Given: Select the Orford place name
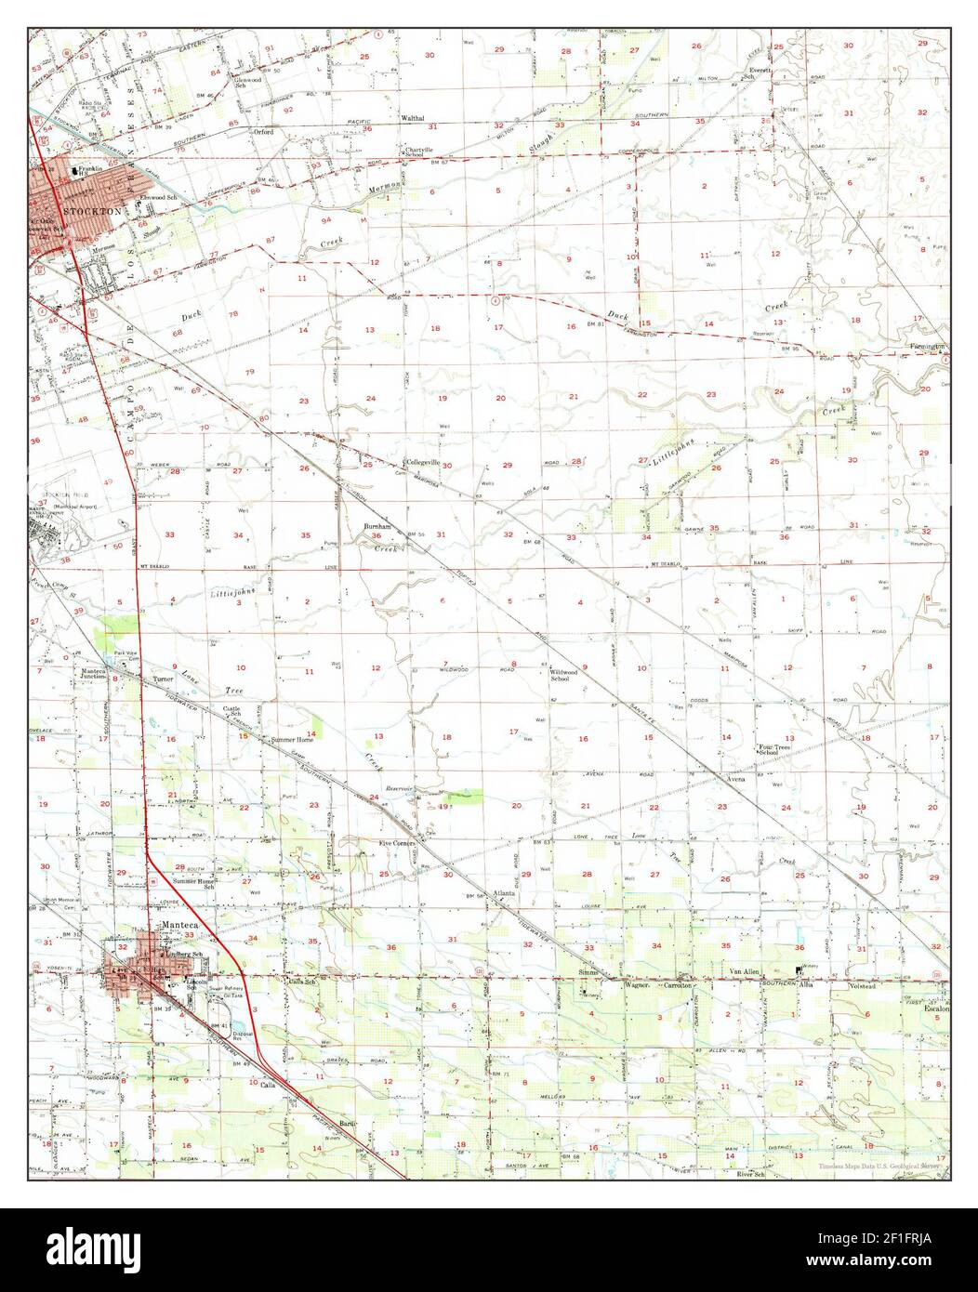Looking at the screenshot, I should [x=264, y=132].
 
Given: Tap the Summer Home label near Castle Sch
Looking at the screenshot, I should [x=291, y=740].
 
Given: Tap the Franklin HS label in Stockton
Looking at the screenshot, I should [x=89, y=171].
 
